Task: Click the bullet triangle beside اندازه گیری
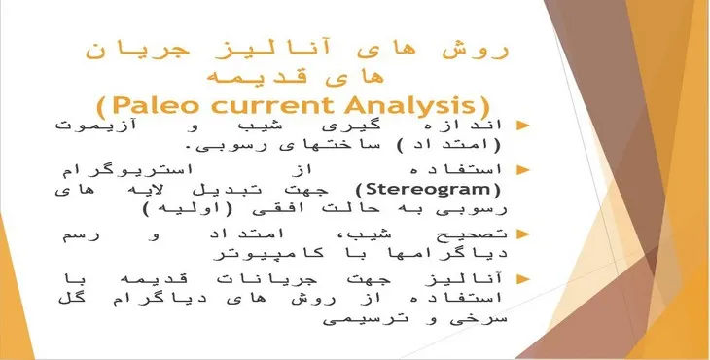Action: pyautogui.click(x=522, y=126)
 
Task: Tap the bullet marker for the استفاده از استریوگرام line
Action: pyautogui.click(x=522, y=169)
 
